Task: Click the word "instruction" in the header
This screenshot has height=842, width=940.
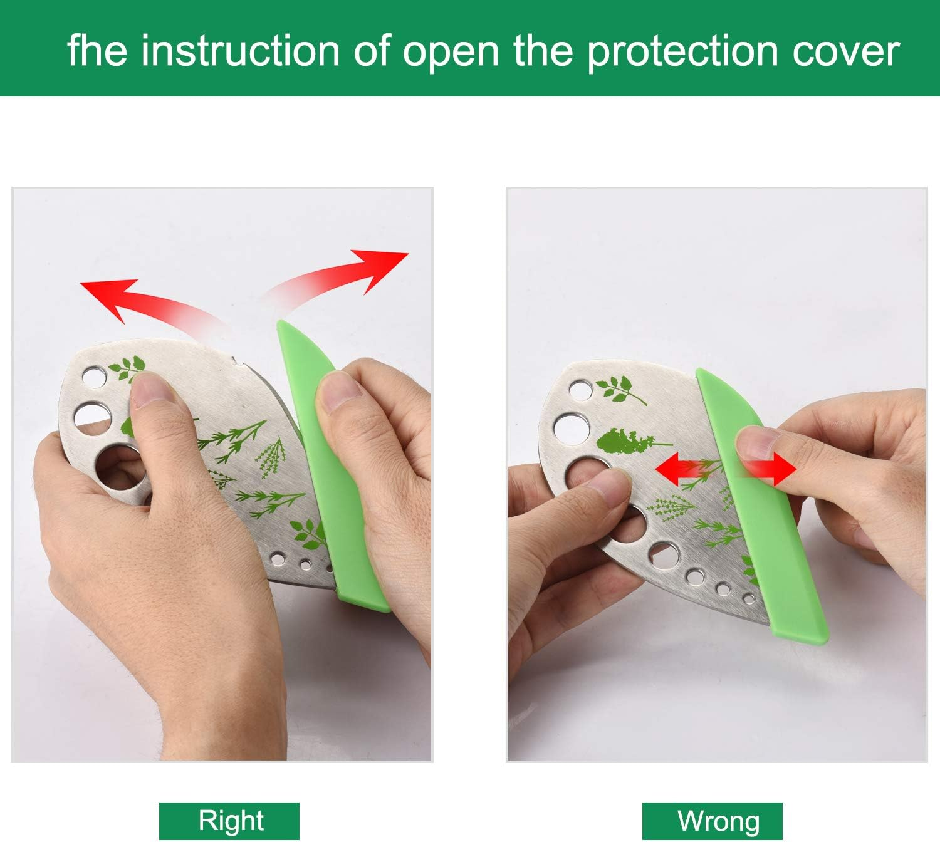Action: tap(241, 51)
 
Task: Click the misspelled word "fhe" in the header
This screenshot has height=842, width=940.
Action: tap(97, 50)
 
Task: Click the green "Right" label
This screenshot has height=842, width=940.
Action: tap(229, 821)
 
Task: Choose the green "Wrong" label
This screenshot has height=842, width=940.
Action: tap(712, 821)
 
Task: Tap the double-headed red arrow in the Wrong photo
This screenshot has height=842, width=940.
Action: tap(726, 469)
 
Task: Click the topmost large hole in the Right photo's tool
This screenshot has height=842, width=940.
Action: tap(94, 377)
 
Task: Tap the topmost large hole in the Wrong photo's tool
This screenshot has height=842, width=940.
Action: tap(580, 390)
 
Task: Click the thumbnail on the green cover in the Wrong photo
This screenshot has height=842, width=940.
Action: tap(757, 444)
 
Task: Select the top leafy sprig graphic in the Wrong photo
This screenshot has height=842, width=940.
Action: tap(619, 390)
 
